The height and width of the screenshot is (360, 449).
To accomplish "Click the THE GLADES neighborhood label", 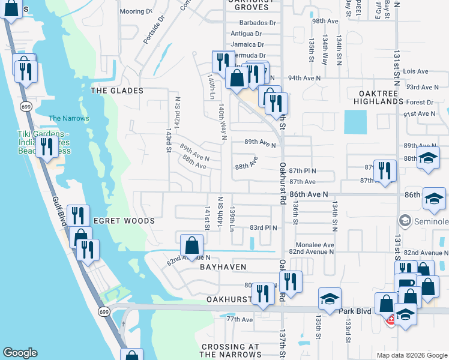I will pos(117,91).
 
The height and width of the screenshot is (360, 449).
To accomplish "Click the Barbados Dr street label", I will pos(256,23).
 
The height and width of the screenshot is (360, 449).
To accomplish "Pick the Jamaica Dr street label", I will pos(247,44).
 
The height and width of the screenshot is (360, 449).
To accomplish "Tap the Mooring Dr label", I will pos(136,11).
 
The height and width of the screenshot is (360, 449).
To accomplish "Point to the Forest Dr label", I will pos(419,103).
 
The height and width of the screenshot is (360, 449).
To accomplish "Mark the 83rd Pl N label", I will pos(264,228).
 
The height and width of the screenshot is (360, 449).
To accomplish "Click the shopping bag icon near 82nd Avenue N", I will pos(191,245).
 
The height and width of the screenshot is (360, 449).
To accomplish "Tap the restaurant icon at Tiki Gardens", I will pos(46,146).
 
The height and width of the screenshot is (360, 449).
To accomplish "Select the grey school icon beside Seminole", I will pos(405,221).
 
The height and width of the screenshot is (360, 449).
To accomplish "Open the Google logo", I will pos(20,353).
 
